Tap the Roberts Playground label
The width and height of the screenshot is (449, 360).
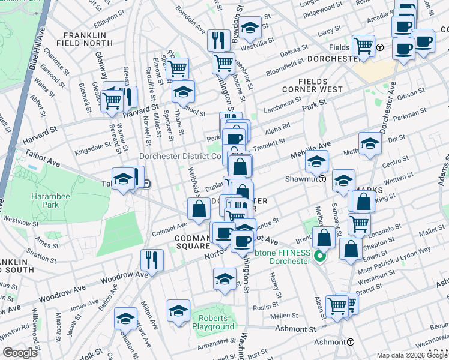(x=213, y=322)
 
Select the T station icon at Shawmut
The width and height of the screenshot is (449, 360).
(x=322, y=179)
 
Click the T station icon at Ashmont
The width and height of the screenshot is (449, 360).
(x=351, y=341)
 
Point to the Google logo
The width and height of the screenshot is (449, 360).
(x=20, y=353)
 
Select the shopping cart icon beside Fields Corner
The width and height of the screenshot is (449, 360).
(x=363, y=44)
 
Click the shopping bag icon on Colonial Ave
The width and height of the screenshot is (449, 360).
(x=199, y=209)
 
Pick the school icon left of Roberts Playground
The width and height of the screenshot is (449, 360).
(x=178, y=311)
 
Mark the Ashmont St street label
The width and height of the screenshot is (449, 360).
(x=295, y=329)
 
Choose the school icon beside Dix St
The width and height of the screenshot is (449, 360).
(x=370, y=143)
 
